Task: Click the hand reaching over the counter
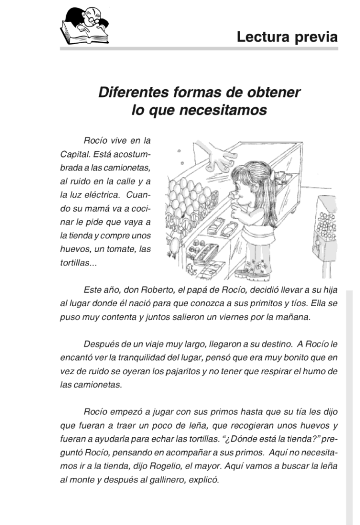click(x=221, y=157)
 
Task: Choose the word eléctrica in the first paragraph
click(x=98, y=195)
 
